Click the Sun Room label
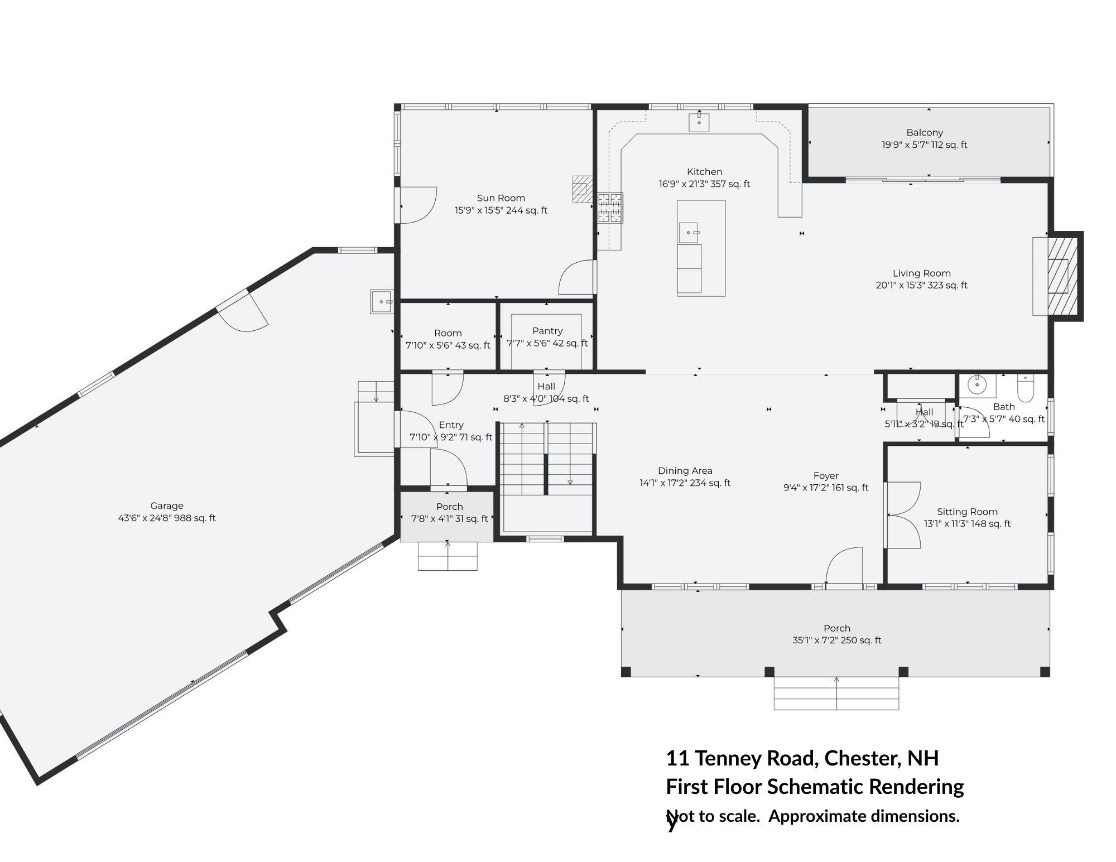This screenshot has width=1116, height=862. click(501, 198)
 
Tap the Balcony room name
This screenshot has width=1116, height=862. click(925, 133)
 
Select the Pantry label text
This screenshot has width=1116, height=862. click(547, 331)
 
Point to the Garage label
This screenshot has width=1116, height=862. click(167, 506)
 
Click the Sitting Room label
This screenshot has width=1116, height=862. click(967, 512)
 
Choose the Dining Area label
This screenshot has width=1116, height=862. click(685, 471)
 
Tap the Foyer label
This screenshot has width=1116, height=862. click(826, 476)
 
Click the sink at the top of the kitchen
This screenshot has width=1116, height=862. click(699, 121)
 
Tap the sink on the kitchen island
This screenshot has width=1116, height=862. click(689, 233)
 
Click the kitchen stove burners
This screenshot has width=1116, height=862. click(610, 208)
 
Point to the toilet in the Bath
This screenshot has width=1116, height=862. click(1026, 388)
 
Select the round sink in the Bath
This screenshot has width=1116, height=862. click(977, 384)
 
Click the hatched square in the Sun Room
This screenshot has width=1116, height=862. click(582, 189)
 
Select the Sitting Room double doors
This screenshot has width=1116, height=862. click(902, 515)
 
